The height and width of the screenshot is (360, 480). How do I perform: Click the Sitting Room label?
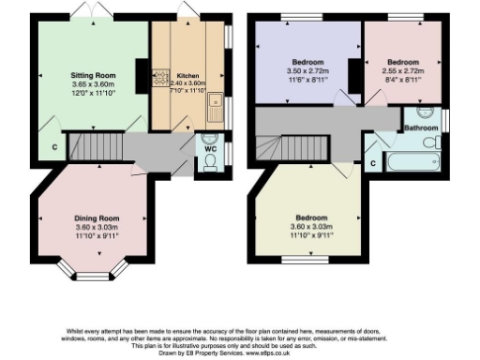pyautogui.click(x=93, y=74)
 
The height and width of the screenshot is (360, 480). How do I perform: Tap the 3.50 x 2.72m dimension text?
pyautogui.click(x=306, y=71)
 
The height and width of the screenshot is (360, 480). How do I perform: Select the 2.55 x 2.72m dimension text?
pyautogui.click(x=402, y=71)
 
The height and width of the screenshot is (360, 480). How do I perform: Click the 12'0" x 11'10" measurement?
pyautogui.click(x=93, y=93)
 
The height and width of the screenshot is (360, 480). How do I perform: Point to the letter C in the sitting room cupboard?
pyautogui.click(x=54, y=148)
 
